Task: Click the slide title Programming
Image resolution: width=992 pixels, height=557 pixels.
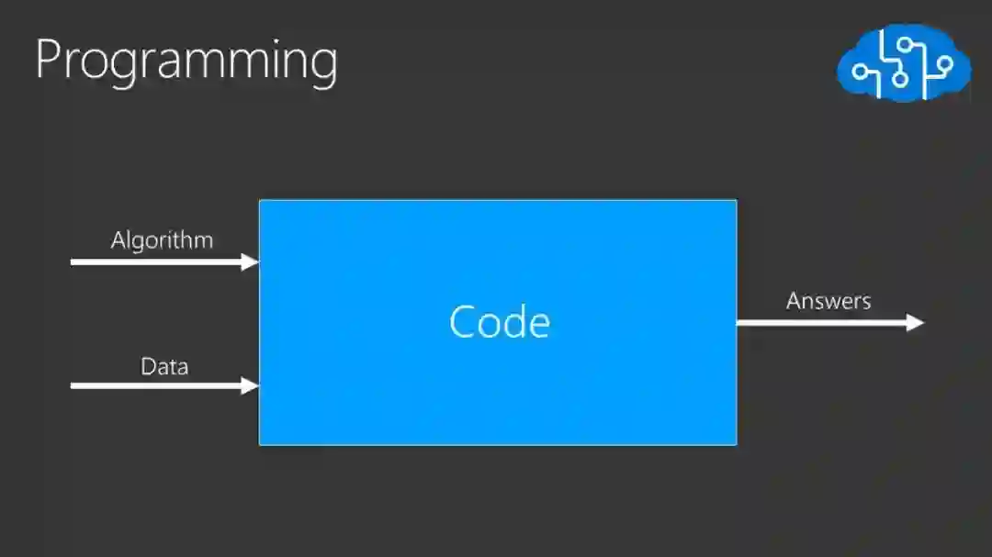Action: click(x=186, y=61)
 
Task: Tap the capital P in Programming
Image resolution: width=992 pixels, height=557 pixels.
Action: click(x=51, y=59)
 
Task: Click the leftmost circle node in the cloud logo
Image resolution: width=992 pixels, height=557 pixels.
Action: click(x=861, y=72)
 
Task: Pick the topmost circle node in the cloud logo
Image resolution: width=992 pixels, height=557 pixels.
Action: click(x=904, y=43)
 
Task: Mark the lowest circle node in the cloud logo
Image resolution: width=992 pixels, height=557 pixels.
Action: click(x=901, y=80)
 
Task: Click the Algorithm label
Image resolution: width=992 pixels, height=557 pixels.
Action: click(x=162, y=240)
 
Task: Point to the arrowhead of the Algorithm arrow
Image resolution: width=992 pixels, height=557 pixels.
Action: click(x=251, y=262)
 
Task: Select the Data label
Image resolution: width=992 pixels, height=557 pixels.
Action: click(x=164, y=367)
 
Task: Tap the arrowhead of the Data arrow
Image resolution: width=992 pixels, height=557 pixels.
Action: click(x=251, y=385)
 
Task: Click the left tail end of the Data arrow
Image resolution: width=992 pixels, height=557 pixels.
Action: click(x=73, y=385)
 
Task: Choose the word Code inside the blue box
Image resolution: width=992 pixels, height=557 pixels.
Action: click(x=500, y=322)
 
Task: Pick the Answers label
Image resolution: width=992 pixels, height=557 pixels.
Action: click(x=829, y=301)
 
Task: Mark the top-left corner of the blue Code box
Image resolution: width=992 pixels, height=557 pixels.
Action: click(x=260, y=200)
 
